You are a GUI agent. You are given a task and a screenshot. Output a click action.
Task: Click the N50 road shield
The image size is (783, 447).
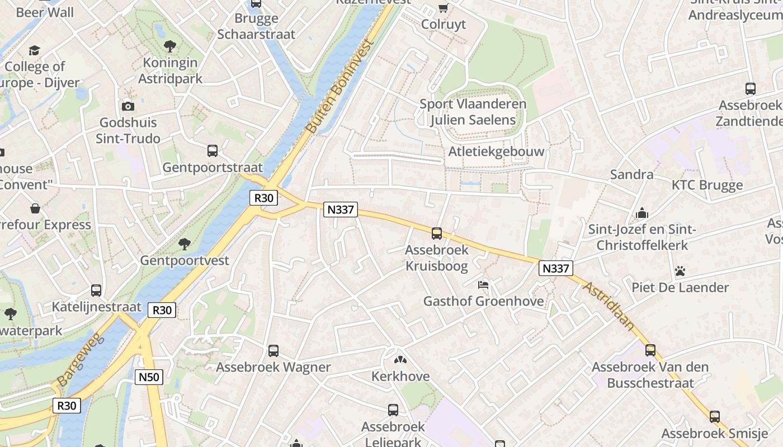coord(149,377)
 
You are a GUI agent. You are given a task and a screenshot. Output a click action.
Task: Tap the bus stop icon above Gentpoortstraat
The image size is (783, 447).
coord(213,150)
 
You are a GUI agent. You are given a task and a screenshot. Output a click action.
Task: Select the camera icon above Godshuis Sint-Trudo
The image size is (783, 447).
coord(128,106)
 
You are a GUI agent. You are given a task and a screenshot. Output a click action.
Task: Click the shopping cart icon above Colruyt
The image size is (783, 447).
coord(443,8)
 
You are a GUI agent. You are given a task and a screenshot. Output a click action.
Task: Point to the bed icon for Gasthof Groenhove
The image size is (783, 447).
coord(483,285)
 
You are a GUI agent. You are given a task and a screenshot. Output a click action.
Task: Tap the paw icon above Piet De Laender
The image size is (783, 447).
coord(680,272)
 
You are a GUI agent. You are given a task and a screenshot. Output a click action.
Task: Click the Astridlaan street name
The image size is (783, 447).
coord(610,306)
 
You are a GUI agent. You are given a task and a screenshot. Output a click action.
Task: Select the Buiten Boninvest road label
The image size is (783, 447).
coord(339,87)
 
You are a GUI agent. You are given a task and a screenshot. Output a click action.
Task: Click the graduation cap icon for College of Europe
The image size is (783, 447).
coord(35,51)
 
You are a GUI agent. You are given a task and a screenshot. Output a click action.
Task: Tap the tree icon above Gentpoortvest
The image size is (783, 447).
coord(184,244)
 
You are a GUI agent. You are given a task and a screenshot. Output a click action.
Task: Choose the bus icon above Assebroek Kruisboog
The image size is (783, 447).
coord(437,234)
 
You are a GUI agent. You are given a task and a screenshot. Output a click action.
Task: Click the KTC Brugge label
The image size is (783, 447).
coord(707,185)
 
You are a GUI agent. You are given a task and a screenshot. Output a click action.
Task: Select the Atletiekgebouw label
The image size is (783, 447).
coord(496,152)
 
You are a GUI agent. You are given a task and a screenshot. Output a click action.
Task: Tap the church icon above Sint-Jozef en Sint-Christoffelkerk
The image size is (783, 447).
coord(642,213)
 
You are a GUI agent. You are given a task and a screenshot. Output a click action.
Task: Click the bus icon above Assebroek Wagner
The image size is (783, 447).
coord(273,351)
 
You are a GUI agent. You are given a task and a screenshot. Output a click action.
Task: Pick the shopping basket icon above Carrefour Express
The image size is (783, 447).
coord(35,208)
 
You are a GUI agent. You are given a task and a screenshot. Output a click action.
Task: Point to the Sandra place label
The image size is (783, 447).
coord(631,174)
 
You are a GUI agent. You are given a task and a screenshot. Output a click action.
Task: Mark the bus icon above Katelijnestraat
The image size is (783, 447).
coord(96,291)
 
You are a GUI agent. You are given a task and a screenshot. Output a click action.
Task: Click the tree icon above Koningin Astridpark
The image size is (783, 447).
coord(170,46)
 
